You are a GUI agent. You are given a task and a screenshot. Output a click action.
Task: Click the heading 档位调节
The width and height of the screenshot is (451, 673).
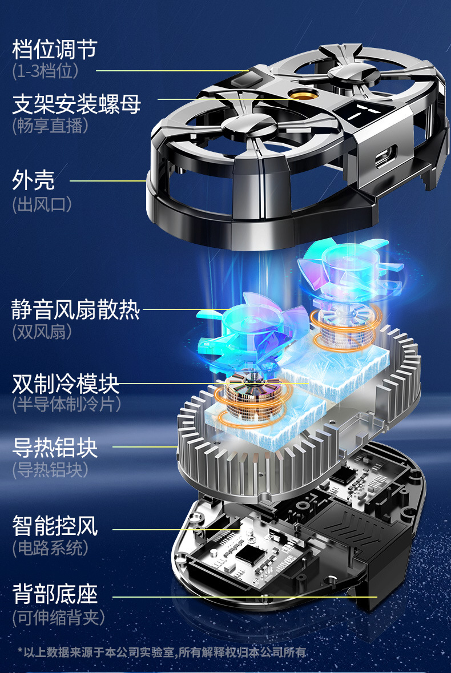click(55, 49)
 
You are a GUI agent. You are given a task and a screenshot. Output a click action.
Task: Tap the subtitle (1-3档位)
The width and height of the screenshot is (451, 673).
click(45, 71)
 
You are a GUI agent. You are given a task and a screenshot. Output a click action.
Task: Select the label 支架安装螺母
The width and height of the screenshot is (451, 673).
click(76, 105)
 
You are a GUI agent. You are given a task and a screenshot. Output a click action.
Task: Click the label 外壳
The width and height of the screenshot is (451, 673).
click(34, 180)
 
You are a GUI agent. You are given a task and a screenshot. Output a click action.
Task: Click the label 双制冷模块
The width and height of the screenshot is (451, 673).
click(66, 384)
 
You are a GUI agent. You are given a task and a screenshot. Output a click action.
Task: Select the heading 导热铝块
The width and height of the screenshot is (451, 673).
click(55, 448)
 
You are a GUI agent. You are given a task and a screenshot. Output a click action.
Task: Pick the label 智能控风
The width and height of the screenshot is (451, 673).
click(55, 526)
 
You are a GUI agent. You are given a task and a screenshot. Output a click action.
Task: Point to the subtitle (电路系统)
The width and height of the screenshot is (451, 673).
click(51, 548)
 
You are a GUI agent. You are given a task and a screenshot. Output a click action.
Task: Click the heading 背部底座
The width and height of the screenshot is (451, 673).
click(55, 594)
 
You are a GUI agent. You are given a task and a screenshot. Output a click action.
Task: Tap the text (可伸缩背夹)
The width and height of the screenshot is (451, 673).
click(58, 617)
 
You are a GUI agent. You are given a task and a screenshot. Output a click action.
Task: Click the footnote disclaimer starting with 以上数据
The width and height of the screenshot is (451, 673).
click(162, 652)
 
